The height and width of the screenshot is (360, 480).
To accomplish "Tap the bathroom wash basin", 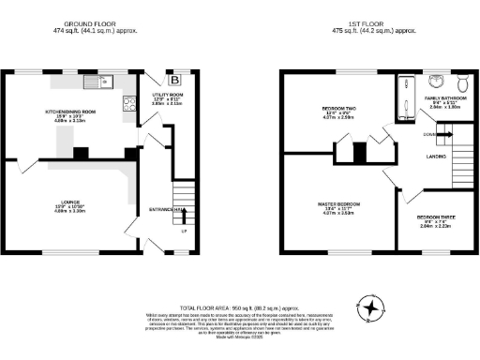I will [437, 79].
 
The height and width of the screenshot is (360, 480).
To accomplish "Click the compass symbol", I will [373, 307].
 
